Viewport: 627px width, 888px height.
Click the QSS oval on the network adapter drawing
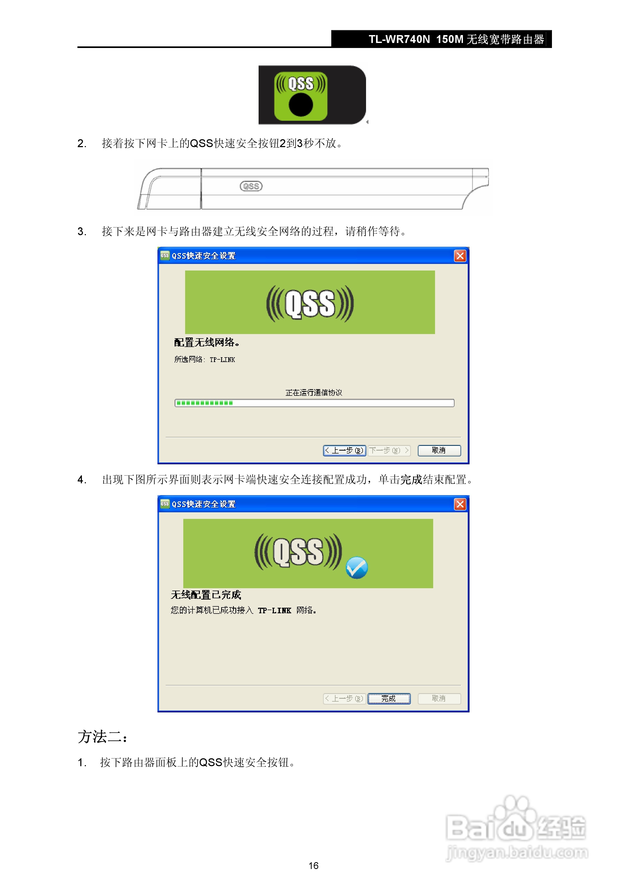[x=251, y=186]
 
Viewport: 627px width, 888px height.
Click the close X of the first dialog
[x=460, y=256]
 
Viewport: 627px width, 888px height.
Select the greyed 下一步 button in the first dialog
[x=389, y=451]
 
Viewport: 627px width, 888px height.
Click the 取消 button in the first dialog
[x=439, y=451]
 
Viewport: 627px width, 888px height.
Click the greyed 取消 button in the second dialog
[x=439, y=698]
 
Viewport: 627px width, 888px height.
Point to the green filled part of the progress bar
[x=204, y=403]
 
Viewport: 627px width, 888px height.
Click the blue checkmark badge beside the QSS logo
[x=357, y=568]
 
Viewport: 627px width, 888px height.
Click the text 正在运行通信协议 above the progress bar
[x=314, y=393]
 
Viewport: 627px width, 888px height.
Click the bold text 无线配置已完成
[x=206, y=595]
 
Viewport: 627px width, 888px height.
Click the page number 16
[x=313, y=866]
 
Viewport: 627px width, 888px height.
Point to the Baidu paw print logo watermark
[x=516, y=818]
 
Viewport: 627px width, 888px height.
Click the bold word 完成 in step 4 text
[x=411, y=480]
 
